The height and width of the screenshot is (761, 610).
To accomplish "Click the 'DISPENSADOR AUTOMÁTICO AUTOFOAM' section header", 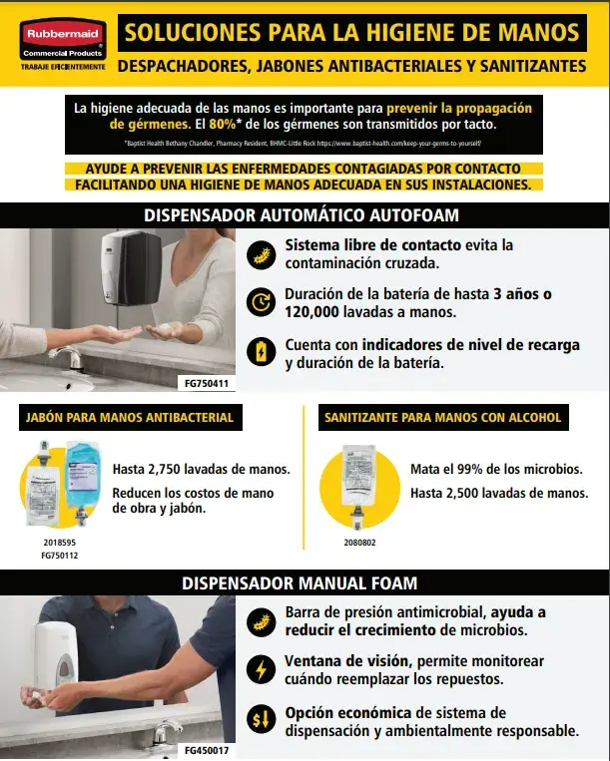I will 302,214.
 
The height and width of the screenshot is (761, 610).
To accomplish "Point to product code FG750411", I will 207,382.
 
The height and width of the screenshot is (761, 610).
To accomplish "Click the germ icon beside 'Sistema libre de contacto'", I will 260,252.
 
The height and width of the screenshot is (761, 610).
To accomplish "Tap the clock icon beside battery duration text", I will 260,301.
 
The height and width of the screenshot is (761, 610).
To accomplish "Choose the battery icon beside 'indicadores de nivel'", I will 260,351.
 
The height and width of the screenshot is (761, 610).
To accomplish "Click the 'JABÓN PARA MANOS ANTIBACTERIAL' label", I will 130,417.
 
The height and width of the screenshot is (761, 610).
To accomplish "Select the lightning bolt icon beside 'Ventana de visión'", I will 260,669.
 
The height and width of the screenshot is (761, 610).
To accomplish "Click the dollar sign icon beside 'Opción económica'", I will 260,719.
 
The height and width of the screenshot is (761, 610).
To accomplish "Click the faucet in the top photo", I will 68,356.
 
